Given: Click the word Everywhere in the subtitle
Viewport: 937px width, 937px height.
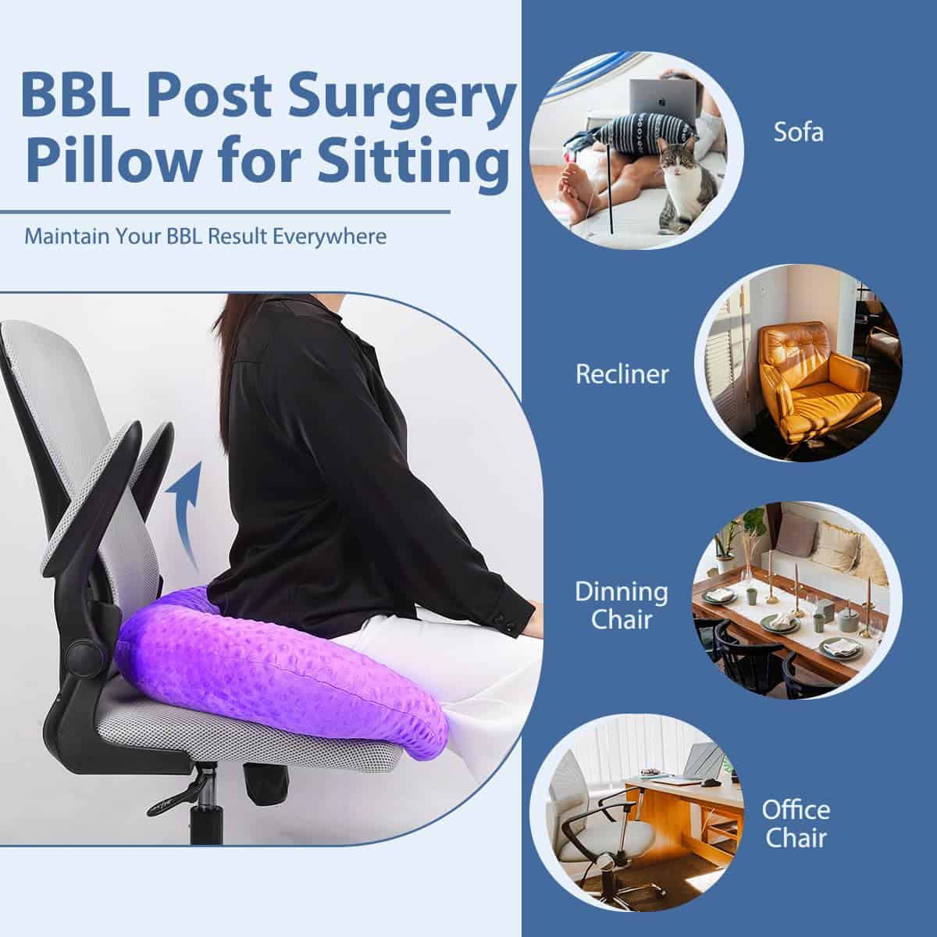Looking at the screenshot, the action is coord(330,237).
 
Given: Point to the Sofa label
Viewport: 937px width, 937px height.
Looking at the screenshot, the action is coord(799,132).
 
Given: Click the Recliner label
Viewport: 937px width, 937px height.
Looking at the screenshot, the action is coord(622,374).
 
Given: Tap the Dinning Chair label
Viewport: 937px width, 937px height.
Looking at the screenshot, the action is coord(622,605).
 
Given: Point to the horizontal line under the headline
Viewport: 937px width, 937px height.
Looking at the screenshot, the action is coord(225,212).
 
